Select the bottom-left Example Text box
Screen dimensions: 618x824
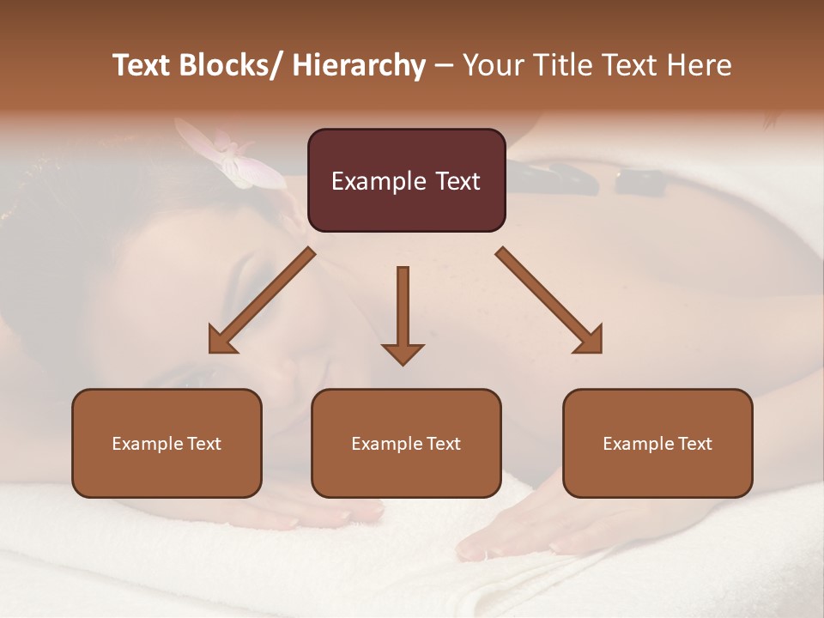[x=167, y=443]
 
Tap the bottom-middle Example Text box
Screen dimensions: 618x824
[x=406, y=443]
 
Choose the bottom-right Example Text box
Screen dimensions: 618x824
[x=657, y=443]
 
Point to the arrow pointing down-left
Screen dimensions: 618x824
[x=262, y=300]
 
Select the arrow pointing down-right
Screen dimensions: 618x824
[x=549, y=300]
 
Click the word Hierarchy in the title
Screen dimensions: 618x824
[x=359, y=65]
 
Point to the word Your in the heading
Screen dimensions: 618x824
[x=491, y=65]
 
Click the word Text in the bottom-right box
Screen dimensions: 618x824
[x=694, y=443]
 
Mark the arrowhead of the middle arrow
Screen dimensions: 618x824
[x=403, y=353]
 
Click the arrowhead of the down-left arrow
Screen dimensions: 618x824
[x=221, y=341]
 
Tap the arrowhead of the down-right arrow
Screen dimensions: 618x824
[x=590, y=341]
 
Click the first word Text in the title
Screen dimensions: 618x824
[x=142, y=65]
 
